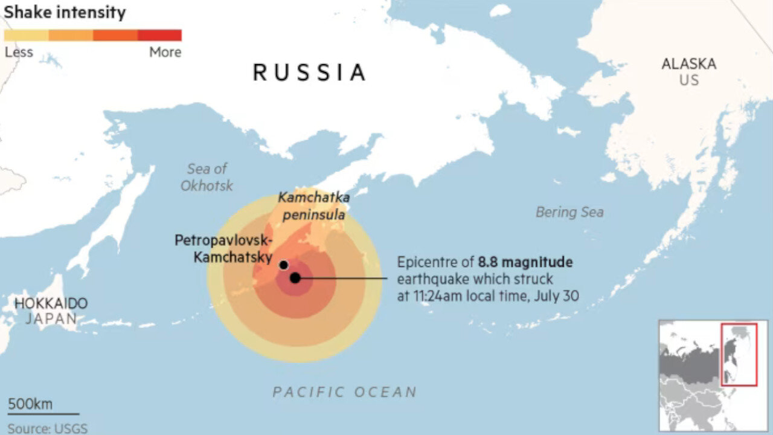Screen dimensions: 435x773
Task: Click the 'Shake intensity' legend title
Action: pos(65,13)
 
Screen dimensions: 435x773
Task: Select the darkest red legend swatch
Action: pos(159,35)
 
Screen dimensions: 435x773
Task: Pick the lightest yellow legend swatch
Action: pos(27,35)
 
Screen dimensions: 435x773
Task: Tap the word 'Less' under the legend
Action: pos(19,53)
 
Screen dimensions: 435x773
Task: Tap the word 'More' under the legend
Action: pos(165,53)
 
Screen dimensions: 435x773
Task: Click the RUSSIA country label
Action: pos(309,72)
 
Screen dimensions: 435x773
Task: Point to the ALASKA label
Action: pos(688,64)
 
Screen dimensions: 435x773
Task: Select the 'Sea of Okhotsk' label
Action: pos(206,177)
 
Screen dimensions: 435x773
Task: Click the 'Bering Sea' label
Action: pos(569,212)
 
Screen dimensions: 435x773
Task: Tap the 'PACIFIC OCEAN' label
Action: pos(345,392)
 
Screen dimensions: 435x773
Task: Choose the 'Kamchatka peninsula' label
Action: pos(313,205)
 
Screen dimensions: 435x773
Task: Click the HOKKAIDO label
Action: pos(51,304)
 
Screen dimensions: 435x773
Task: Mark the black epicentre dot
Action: pos(295,278)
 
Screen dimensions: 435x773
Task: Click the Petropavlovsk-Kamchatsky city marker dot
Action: pos(283,265)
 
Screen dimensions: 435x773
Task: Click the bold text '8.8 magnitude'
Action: pos(525,262)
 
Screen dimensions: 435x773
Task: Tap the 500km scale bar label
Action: pos(30,404)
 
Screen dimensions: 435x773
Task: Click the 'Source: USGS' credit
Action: pos(47,428)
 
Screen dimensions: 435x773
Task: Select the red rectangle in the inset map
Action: pos(739,354)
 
